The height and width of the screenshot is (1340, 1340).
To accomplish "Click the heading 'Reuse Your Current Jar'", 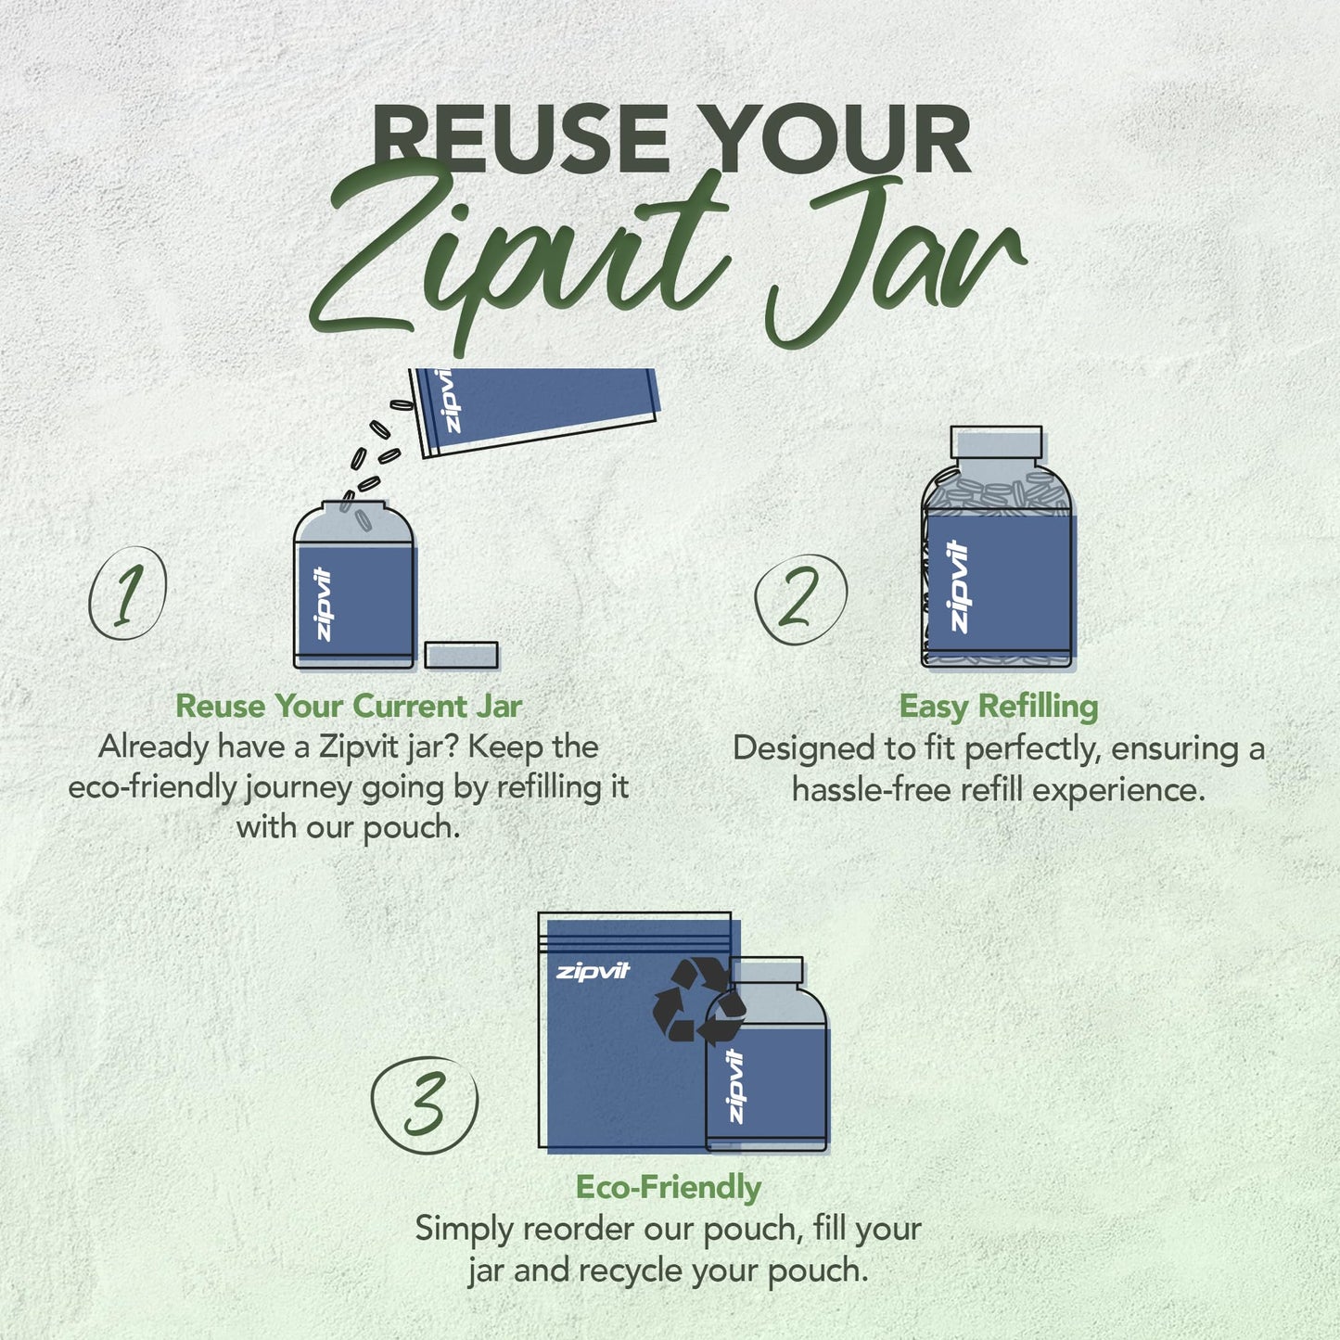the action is coord(349,707).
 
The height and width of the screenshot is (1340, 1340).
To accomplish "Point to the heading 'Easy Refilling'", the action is coord(999,708).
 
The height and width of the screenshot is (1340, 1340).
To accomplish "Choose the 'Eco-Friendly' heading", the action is coord(669,1187).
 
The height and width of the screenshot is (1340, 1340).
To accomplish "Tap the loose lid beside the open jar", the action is coord(462,655).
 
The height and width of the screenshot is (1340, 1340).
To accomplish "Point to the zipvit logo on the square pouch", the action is coord(593,972).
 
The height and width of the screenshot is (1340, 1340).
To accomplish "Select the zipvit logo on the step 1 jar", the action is coord(324,604).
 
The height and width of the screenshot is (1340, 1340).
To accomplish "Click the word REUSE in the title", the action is coord(521,139).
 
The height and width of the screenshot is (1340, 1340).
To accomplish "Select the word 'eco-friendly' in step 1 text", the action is coord(152,788).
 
